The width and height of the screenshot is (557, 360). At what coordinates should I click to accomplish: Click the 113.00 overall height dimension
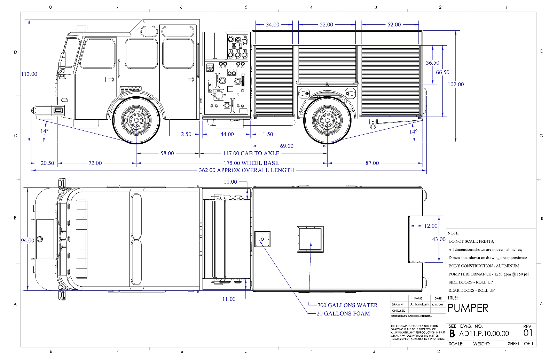pyautogui.click(x=29, y=74)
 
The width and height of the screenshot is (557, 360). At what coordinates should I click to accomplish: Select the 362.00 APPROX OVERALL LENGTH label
pyautogui.click(x=246, y=170)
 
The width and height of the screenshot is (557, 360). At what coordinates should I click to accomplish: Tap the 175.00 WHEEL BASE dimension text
pyautogui.click(x=251, y=163)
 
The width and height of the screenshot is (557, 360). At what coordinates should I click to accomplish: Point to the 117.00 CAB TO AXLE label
pyautogui.click(x=251, y=153)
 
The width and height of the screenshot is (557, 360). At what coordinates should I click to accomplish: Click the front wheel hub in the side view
pyautogui.click(x=136, y=120)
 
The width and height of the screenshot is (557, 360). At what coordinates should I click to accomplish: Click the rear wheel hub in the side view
pyautogui.click(x=327, y=120)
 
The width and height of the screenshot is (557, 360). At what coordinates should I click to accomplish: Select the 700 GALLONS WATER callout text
pyautogui.click(x=348, y=305)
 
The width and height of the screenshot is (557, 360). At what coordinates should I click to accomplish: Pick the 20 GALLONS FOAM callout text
pyautogui.click(x=343, y=313)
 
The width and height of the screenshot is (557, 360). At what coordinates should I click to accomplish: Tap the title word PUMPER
pyautogui.click(x=468, y=308)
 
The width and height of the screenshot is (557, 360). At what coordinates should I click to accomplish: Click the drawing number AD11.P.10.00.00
pyautogui.click(x=484, y=334)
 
